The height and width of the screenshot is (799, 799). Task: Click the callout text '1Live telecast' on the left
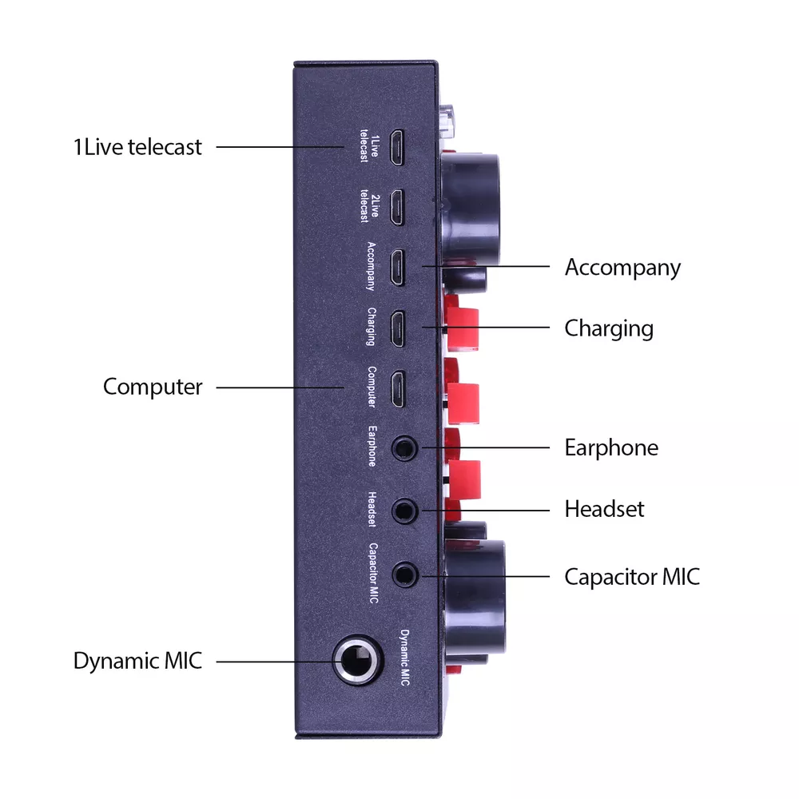pyautogui.click(x=137, y=147)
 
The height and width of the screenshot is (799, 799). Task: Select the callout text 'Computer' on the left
pyautogui.click(x=153, y=388)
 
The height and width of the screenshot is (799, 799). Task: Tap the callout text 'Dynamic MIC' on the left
pyautogui.click(x=137, y=662)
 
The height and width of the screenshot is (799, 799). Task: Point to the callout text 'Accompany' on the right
pyautogui.click(x=622, y=267)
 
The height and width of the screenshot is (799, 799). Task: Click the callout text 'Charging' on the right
pyautogui.click(x=609, y=328)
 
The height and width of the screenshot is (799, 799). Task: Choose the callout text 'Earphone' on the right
pyautogui.click(x=611, y=447)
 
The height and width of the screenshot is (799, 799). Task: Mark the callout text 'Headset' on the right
pyautogui.click(x=604, y=509)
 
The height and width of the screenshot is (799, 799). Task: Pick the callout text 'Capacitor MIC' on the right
pyautogui.click(x=632, y=576)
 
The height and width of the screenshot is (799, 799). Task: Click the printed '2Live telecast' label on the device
pyautogui.click(x=368, y=207)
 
